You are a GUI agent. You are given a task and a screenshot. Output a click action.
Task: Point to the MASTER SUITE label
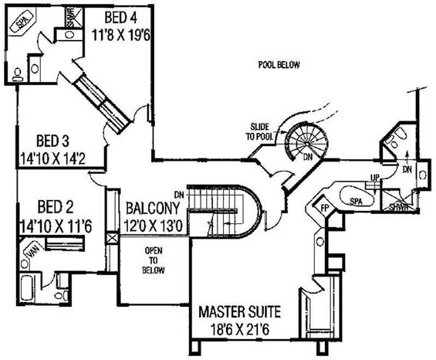pyautogui.click(x=239, y=313)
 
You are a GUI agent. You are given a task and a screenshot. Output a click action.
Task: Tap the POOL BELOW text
pyautogui.click(x=278, y=65)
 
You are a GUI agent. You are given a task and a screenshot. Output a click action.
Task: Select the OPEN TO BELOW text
pyautogui.click(x=154, y=260)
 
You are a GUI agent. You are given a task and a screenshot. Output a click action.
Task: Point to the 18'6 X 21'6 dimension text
pyautogui.click(x=239, y=330)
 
